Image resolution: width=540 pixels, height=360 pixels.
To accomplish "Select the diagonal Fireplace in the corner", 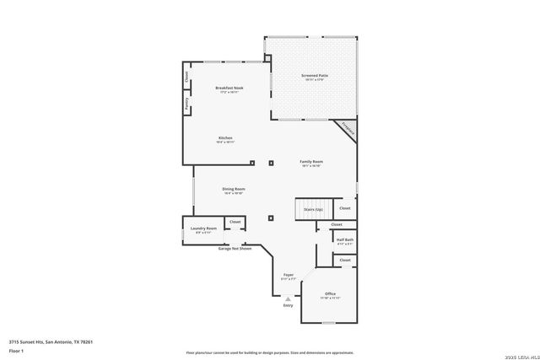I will tap(347, 130).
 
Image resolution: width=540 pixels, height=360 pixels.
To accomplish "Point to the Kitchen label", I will tap(225, 139).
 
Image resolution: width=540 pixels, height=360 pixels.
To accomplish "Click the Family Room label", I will tap(311, 163).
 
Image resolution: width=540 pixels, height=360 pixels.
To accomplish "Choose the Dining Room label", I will tap(234, 191).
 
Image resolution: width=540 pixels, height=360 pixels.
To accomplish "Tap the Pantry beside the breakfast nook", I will tap(186, 104).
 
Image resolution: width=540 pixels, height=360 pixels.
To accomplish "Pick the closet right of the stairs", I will tap(344, 208).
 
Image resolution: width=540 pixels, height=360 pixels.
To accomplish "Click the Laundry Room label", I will tap(203, 229).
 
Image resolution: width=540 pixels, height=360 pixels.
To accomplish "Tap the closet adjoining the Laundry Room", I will tap(235, 223).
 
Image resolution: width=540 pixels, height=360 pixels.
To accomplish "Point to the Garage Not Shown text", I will tap(235, 249).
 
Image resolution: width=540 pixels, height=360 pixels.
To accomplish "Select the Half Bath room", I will tap(344, 240).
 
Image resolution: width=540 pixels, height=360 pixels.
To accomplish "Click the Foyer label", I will tap(289, 276).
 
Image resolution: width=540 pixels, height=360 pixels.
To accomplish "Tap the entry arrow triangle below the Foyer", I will tap(289, 298).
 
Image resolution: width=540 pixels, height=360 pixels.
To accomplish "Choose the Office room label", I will tap(330, 295).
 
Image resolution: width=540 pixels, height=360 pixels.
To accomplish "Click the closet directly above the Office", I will tap(344, 261).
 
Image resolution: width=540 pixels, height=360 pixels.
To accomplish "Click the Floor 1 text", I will tap(16, 350).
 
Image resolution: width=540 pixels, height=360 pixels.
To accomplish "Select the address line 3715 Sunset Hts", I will tap(51, 341).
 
